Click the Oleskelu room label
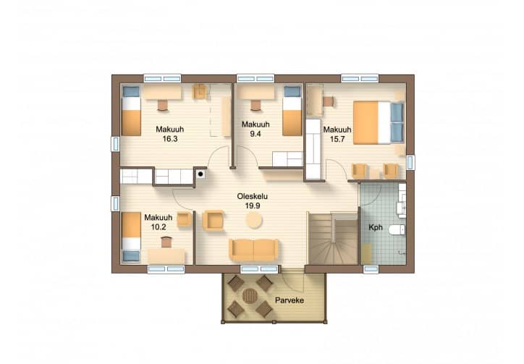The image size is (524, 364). tap(253, 196)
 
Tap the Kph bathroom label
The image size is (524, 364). tap(376, 228)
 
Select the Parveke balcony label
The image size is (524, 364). tap(290, 300)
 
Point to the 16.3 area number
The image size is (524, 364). tap(170, 139)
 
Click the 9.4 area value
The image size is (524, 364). tap(255, 134)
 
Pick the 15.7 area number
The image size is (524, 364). tap(337, 139)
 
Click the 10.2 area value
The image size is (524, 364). tap(159, 227)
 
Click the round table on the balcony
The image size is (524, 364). tap(250, 296)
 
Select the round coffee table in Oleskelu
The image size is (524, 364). tap(254, 221)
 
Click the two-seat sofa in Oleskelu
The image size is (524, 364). tap(253, 250)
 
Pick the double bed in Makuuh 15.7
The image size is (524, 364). tap(379, 123)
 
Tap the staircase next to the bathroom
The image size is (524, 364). tap(333, 238)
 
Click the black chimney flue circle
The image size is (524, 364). tap(200, 174)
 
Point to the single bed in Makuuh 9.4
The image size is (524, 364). tap(292, 111)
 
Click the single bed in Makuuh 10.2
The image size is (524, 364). tap(131, 237)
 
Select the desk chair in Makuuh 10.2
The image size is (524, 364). tap(166, 242)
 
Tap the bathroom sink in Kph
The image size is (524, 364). tap(401, 208)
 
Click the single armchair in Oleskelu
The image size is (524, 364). tap(213, 221)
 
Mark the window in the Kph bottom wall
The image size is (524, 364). tap(371, 269)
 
